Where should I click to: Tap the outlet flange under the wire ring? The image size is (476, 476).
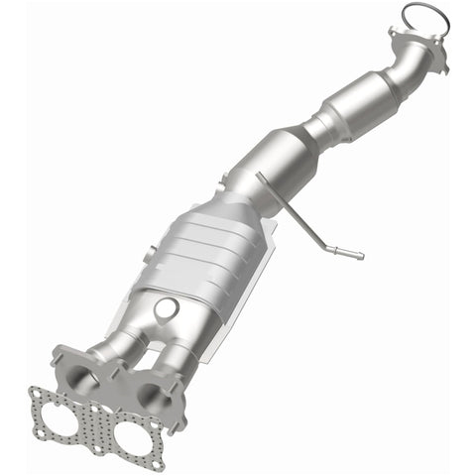tap(416, 47)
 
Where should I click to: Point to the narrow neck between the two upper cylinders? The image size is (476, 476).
tap(319, 127)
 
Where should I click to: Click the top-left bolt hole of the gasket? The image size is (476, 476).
tap(39, 394)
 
